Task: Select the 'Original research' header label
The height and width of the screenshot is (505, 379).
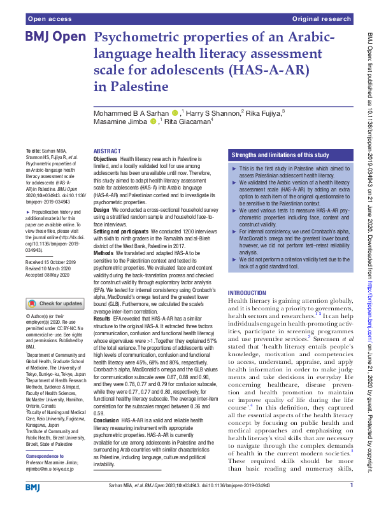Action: (x=322, y=20)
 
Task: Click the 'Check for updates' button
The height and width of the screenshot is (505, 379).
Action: (x=54, y=304)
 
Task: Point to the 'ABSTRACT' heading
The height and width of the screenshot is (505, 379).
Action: (x=106, y=151)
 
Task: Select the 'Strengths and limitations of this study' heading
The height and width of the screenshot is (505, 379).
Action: (x=280, y=155)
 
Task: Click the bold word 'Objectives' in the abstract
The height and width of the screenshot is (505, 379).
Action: (x=106, y=158)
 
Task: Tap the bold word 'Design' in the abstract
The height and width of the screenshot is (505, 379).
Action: (x=102, y=209)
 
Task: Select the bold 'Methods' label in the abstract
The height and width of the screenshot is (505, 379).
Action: (x=104, y=253)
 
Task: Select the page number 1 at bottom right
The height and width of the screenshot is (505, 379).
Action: (x=351, y=486)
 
